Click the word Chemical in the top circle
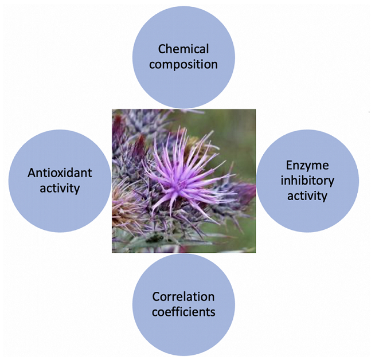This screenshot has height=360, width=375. (183, 49)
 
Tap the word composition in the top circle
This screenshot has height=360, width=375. (183, 65)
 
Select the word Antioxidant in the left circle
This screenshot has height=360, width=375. (60, 173)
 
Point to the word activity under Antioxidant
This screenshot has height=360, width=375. (60, 189)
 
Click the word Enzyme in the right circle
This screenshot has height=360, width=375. (307, 166)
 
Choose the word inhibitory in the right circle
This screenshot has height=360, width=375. (307, 181)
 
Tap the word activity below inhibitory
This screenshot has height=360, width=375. (307, 196)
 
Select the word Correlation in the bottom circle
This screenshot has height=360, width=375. (183, 296)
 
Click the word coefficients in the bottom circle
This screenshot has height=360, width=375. (183, 312)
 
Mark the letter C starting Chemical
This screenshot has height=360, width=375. (162, 49)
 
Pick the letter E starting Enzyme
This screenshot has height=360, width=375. (290, 165)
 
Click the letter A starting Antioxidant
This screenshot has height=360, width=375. (32, 173)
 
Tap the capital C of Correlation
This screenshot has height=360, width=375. (156, 297)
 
